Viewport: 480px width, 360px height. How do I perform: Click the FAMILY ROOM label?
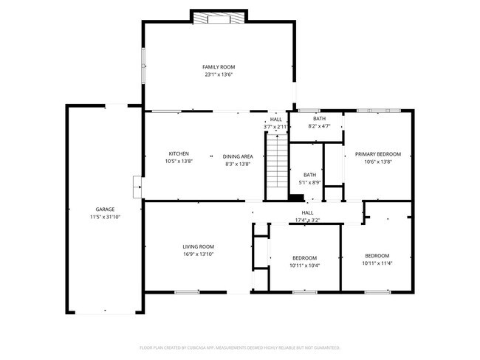point(219,67)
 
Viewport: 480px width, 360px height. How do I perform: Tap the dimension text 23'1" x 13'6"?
point(219,75)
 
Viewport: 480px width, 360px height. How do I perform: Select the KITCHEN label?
point(178,153)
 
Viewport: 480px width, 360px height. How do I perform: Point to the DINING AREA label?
point(238,156)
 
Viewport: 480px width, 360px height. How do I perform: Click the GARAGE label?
point(104,210)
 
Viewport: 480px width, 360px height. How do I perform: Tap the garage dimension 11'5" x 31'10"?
point(104,217)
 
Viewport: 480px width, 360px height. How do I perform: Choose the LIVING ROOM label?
point(198,246)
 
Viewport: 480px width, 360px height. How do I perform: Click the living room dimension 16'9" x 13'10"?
point(198,254)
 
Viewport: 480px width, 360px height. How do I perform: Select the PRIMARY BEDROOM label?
point(377,154)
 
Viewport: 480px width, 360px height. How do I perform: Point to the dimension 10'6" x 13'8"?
point(377,162)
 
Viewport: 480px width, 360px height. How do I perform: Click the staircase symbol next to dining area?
point(275,164)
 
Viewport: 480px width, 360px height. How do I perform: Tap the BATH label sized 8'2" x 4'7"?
point(319,119)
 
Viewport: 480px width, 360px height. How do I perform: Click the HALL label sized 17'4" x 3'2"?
point(307,212)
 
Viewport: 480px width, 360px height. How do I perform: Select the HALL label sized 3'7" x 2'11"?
point(275,120)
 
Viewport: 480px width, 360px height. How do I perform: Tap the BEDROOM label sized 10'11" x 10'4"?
point(305,258)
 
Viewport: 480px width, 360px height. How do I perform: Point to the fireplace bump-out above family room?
point(219,17)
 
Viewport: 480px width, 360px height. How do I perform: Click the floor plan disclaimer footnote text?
point(239,347)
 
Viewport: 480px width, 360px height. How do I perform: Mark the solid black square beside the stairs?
point(296,197)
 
